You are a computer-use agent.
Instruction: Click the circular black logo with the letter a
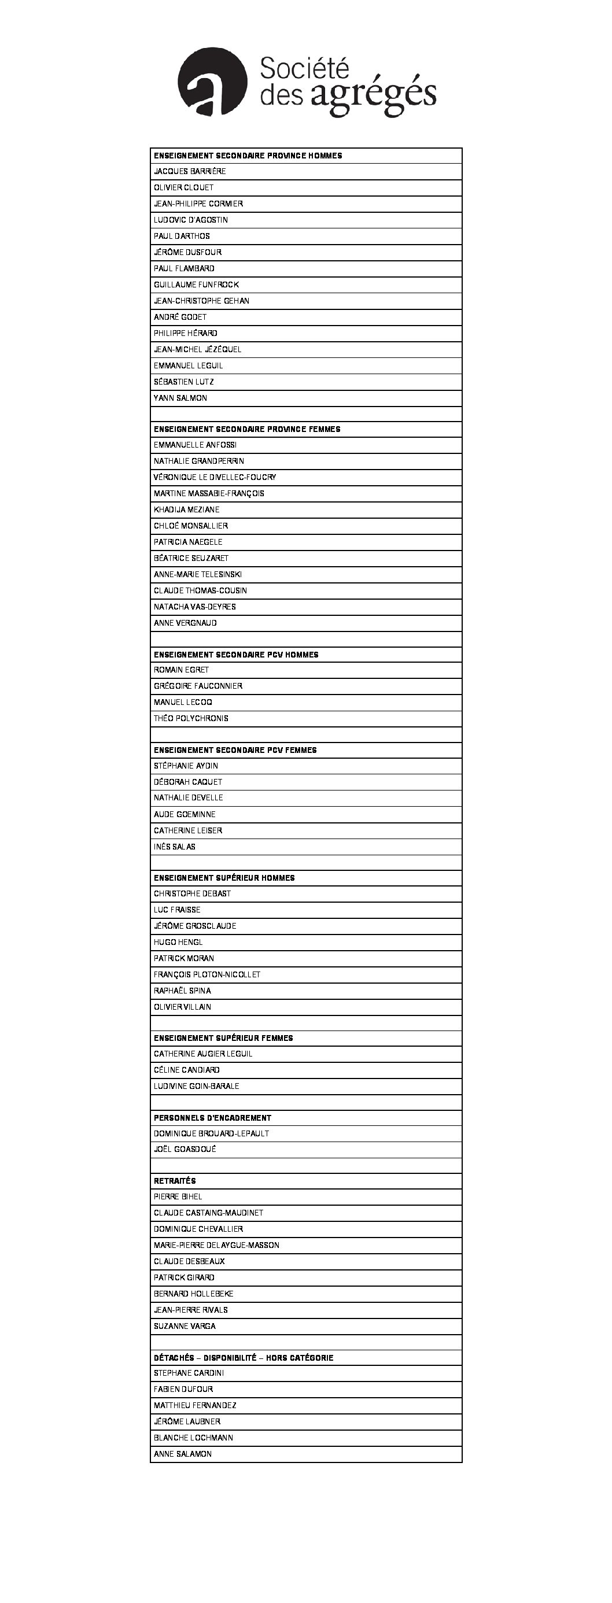tap(212, 82)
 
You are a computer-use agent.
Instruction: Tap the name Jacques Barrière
tap(190, 171)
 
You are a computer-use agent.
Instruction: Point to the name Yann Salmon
tap(180, 398)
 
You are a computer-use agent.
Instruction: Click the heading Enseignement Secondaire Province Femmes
tap(247, 429)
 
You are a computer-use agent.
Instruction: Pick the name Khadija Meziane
tap(187, 509)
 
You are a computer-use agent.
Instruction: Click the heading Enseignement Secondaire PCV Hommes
tap(236, 654)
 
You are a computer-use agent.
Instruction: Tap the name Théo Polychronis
tap(191, 718)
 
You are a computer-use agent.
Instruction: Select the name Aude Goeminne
tap(185, 814)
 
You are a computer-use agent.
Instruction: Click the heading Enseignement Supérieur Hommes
tap(224, 877)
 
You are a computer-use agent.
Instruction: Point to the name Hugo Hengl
tap(178, 941)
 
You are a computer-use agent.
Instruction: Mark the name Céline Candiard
tap(187, 1070)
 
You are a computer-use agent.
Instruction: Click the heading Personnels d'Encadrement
tap(212, 1118)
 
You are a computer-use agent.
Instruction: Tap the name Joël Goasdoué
tap(185, 1148)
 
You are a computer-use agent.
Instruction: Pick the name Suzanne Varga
tap(185, 1325)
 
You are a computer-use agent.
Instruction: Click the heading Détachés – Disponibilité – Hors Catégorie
tap(244, 1357)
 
